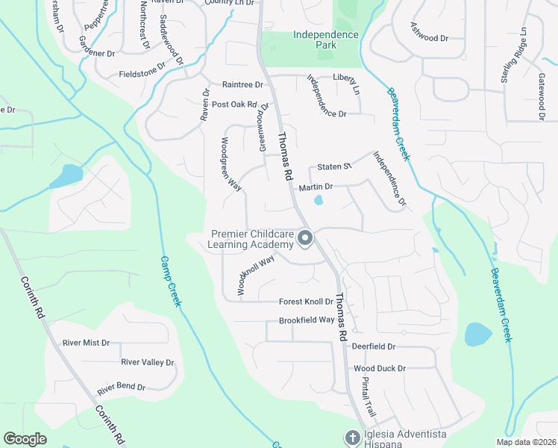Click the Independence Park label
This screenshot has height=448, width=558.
click(x=325, y=40)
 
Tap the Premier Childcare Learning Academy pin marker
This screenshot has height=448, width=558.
click(x=305, y=239)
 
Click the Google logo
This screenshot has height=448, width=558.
click(x=25, y=439)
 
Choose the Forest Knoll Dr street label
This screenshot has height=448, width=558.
click(x=306, y=302)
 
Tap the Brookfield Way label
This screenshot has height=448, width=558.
click(x=307, y=320)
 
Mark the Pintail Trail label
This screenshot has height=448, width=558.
click(x=369, y=397)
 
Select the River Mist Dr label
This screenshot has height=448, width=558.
click(x=86, y=343)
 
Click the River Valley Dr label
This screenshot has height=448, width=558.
click(x=147, y=363)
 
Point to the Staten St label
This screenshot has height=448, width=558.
click(x=333, y=167)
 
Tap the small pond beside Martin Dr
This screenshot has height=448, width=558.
click(x=319, y=199)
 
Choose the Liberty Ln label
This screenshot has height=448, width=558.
click(x=346, y=78)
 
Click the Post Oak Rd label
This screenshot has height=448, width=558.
click(x=234, y=105)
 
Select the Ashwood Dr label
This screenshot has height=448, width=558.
click(x=429, y=31)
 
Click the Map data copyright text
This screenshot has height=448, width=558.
click(x=524, y=442)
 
